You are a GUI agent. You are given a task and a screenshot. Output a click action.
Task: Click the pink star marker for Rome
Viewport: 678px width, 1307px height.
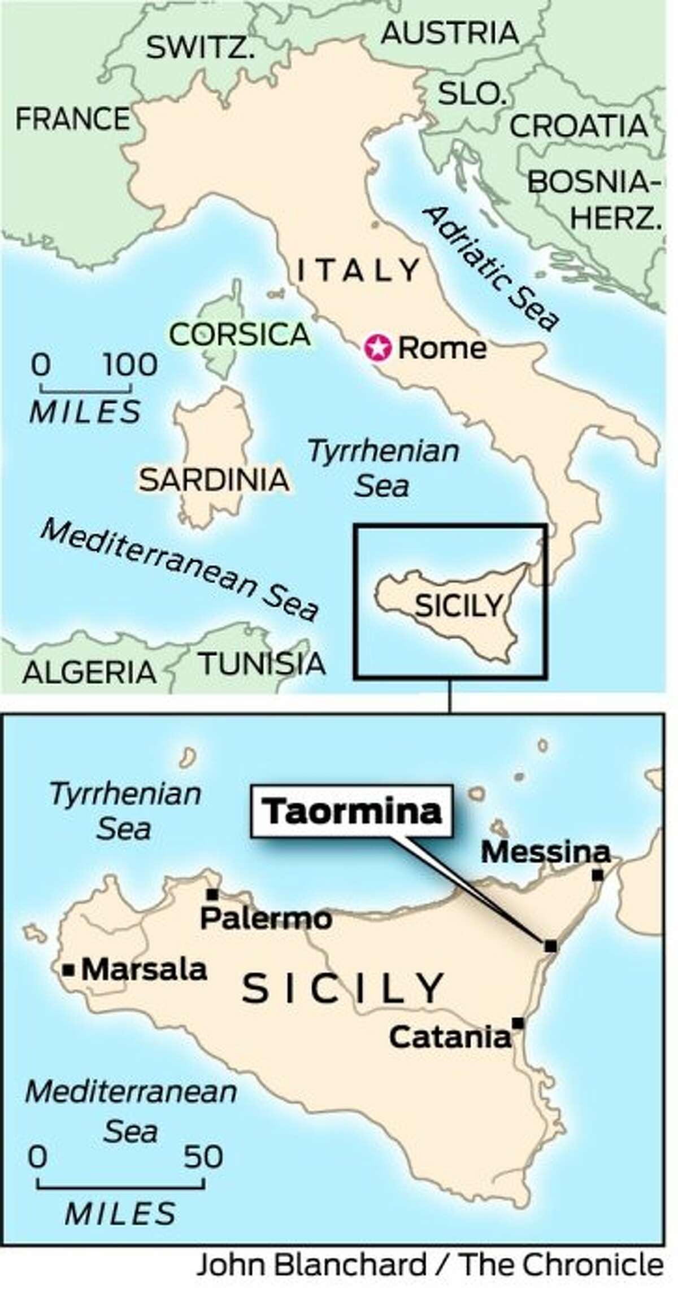(x=378, y=348)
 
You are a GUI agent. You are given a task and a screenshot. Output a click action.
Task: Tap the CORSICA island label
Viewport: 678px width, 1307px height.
(x=240, y=335)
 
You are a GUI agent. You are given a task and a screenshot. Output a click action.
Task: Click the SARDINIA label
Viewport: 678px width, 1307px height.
(x=214, y=480)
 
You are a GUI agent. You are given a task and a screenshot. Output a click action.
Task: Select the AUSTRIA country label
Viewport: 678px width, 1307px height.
(x=450, y=33)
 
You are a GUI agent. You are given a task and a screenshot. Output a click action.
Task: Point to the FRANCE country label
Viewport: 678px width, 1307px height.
(x=72, y=119)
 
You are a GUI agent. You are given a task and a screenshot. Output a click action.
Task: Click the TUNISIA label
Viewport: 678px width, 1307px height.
(x=263, y=664)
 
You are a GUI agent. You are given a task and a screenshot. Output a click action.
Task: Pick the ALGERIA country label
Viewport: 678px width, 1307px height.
(x=89, y=672)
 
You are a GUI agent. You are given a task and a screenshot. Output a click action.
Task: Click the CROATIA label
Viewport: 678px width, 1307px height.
(x=579, y=126)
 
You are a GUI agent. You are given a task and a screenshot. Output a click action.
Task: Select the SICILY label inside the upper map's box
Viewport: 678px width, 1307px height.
(x=458, y=606)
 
